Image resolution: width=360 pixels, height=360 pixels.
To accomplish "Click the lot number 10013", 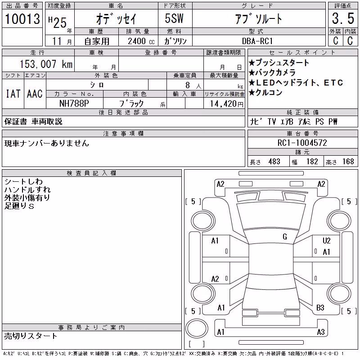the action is pyautogui.click(x=22, y=18).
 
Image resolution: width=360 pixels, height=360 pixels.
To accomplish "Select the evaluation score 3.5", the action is pyautogui.click(x=343, y=18).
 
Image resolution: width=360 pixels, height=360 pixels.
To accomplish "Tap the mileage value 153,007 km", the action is pyautogui.click(x=46, y=64).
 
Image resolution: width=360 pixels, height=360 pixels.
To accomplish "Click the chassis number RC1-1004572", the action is pyautogui.click(x=302, y=143).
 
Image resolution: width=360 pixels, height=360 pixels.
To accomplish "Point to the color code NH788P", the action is pyautogui.click(x=74, y=103).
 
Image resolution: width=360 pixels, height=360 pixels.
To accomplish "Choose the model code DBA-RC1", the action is pyautogui.click(x=257, y=41).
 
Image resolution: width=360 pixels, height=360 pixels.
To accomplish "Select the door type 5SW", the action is pyautogui.click(x=174, y=18).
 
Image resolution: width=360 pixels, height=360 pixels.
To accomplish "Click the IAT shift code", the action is pyautogui.click(x=13, y=94).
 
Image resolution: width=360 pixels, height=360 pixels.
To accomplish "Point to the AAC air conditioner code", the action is pyautogui.click(x=35, y=94).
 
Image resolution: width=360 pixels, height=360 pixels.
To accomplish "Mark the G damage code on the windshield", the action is pyautogui.click(x=285, y=237).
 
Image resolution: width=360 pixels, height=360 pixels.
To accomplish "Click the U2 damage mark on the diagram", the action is pyautogui.click(x=327, y=241).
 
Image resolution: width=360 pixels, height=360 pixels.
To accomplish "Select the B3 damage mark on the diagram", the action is pyautogui.click(x=320, y=308).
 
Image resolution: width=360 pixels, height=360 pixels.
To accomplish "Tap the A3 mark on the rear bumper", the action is pyautogui.click(x=321, y=332).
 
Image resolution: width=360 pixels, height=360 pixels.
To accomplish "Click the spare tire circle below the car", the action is pyautogui.click(x=197, y=328).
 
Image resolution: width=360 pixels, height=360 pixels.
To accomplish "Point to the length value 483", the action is pyautogui.click(x=274, y=162).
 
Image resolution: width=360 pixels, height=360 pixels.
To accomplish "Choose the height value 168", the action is pyautogui.click(x=348, y=162).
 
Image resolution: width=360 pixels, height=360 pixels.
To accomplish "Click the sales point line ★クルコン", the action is pyautogui.click(x=265, y=93).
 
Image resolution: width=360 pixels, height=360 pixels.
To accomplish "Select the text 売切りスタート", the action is pyautogui.click(x=31, y=336).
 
